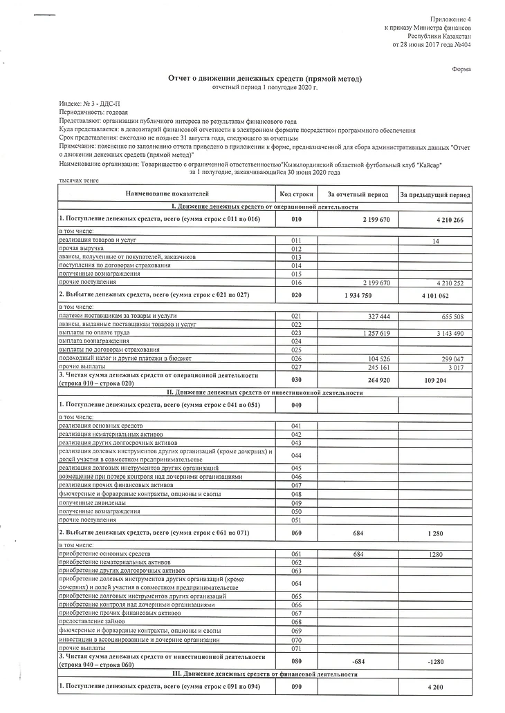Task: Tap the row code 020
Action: (x=297, y=295)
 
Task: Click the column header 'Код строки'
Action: (x=297, y=195)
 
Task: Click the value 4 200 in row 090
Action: (x=435, y=688)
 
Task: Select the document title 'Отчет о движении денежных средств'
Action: (x=266, y=79)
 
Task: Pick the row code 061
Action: (x=297, y=554)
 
